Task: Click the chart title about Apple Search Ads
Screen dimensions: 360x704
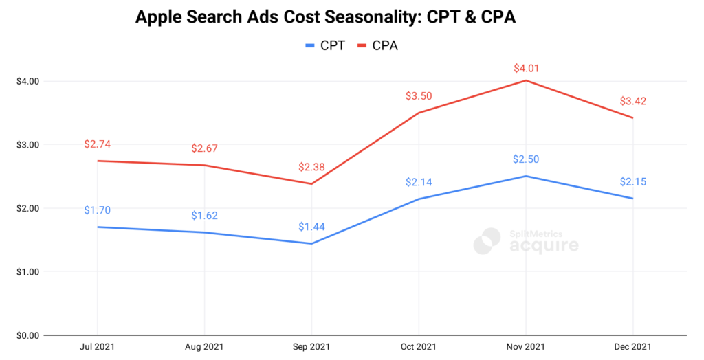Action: pos(325,17)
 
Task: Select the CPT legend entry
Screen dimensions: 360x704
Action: pos(324,46)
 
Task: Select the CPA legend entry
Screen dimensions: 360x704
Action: pos(377,46)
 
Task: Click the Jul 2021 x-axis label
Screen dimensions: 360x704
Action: pos(97,348)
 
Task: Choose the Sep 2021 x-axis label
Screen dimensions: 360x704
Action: pos(311,348)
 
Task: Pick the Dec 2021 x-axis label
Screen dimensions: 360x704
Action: pos(632,348)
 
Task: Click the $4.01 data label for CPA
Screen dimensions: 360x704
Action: pos(526,69)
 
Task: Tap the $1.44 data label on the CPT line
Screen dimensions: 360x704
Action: pos(311,227)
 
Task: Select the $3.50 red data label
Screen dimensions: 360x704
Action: pos(419,96)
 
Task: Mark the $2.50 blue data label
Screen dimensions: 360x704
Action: pos(526,159)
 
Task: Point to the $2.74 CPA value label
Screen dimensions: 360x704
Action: pos(97,144)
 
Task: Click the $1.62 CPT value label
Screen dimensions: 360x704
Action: pos(204,216)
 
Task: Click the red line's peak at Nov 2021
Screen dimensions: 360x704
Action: pos(526,80)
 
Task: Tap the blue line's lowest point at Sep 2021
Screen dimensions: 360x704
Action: pos(311,243)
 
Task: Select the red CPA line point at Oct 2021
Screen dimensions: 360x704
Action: pos(419,113)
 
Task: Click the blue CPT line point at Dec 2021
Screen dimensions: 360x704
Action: pos(632,199)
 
